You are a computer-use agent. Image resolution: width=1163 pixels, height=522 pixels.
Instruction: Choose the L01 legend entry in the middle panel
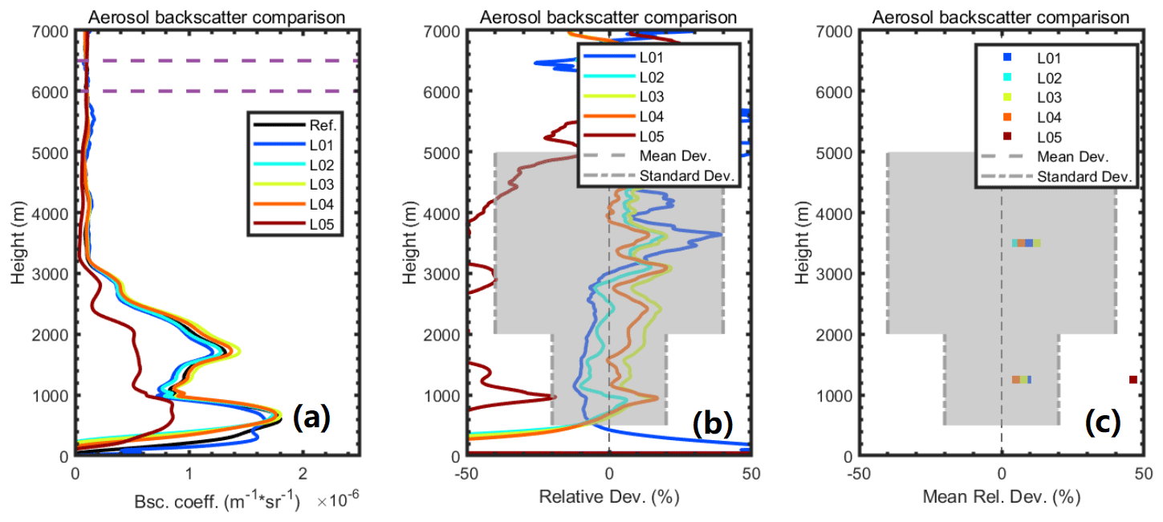pos(652,58)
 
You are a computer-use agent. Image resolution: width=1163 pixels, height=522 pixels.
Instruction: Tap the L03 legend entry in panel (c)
pos(1047,97)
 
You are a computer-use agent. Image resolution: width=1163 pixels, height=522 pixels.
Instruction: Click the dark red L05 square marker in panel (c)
pos(1133,379)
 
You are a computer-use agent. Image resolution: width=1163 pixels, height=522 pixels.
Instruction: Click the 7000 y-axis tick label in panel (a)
pos(49,31)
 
